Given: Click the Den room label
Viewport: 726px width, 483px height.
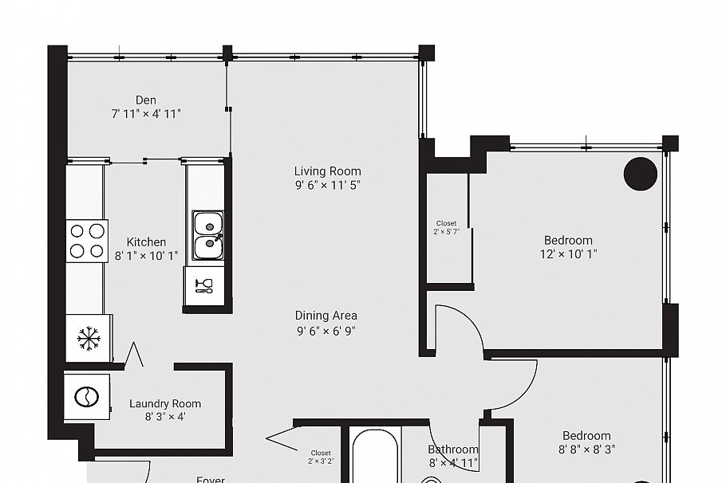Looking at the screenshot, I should point(146,100).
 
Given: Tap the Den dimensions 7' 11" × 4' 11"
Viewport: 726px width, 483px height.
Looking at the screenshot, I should point(146,114).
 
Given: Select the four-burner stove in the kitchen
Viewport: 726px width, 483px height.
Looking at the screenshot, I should point(87,241).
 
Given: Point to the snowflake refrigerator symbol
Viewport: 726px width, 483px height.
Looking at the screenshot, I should point(89,338).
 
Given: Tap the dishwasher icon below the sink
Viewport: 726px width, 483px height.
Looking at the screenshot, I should point(204,285).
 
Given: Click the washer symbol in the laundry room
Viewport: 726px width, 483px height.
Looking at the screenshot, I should point(85,396).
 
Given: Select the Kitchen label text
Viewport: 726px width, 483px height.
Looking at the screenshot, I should point(147,241).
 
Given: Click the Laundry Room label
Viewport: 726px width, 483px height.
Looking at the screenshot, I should point(165,403).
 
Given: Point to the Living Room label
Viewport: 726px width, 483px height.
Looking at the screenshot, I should point(327,171).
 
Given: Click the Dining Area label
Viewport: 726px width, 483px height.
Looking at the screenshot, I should point(326,315).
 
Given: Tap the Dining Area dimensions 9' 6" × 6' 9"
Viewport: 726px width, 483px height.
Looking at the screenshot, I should point(326,330).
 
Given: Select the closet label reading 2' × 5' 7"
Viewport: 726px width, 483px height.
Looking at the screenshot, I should point(447,231).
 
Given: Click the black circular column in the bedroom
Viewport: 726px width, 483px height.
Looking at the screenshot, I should point(640,174).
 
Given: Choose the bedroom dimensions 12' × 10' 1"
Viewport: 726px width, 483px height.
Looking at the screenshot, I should point(568,254).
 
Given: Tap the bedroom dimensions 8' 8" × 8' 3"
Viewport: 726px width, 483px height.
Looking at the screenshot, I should point(586,450).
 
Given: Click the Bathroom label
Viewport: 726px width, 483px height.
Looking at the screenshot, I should point(453,450).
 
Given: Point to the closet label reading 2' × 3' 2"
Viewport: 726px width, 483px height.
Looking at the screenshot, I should point(321,461).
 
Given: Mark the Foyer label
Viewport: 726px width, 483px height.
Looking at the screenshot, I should point(211,480).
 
